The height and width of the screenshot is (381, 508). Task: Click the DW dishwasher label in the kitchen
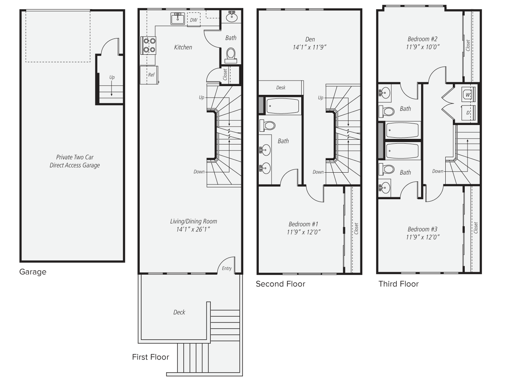click(194, 20)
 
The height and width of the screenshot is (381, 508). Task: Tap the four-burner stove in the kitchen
click(148, 45)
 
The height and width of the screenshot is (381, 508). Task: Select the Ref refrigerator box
click(149, 75)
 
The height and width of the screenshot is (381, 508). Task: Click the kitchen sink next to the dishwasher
click(178, 19)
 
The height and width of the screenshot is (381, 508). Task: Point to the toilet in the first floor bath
click(231, 56)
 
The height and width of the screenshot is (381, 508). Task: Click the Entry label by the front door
click(227, 268)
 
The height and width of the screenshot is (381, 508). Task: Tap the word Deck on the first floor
click(179, 312)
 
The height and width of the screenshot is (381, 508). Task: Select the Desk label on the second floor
click(281, 88)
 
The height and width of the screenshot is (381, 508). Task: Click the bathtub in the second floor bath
click(283, 106)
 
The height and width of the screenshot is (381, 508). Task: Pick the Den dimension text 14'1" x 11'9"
click(310, 47)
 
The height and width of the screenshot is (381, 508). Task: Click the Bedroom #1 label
click(303, 224)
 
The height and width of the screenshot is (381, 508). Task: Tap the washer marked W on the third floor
click(468, 94)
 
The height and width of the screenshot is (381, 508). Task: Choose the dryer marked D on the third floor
click(468, 113)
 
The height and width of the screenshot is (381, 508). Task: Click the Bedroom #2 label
click(422, 39)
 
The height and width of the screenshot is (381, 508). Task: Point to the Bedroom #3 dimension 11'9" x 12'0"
click(423, 237)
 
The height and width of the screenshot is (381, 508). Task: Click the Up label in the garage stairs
click(112, 77)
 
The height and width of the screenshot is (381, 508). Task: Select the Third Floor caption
click(398, 284)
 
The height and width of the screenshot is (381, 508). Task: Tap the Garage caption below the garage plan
click(33, 272)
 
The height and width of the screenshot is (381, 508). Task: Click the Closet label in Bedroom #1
click(356, 229)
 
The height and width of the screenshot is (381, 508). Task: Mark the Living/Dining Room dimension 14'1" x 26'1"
click(193, 229)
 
